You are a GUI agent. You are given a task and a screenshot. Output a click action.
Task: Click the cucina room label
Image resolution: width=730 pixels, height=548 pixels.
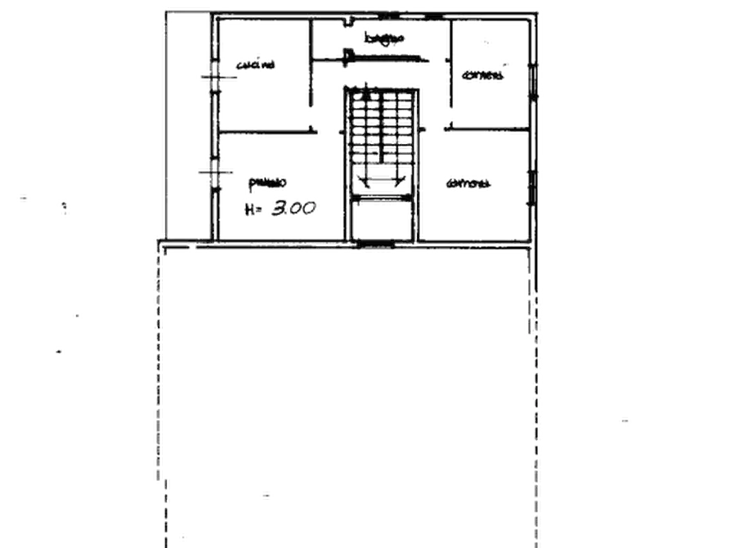(259, 65)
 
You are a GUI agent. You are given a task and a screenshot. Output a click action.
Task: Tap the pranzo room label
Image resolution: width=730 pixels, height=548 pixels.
(268, 179)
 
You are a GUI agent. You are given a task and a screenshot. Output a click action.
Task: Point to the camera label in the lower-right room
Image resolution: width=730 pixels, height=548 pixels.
(471, 185)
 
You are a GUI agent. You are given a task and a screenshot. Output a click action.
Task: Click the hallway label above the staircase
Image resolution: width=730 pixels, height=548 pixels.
(383, 38)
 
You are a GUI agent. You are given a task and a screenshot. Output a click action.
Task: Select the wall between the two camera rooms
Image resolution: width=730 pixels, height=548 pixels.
(486, 128)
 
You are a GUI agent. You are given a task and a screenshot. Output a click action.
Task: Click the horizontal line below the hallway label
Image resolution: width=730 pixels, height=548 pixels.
(384, 56)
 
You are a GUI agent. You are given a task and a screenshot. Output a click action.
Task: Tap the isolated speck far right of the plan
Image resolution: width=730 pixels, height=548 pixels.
(625, 424)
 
